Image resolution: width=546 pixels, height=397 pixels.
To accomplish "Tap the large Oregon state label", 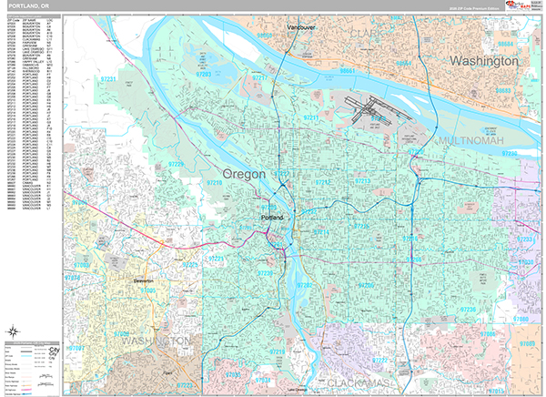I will [245, 173].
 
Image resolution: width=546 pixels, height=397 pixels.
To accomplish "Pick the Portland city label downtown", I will [272, 219].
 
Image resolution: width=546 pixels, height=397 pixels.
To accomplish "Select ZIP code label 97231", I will [108, 80].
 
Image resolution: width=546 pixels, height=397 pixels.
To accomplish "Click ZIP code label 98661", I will [348, 70].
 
